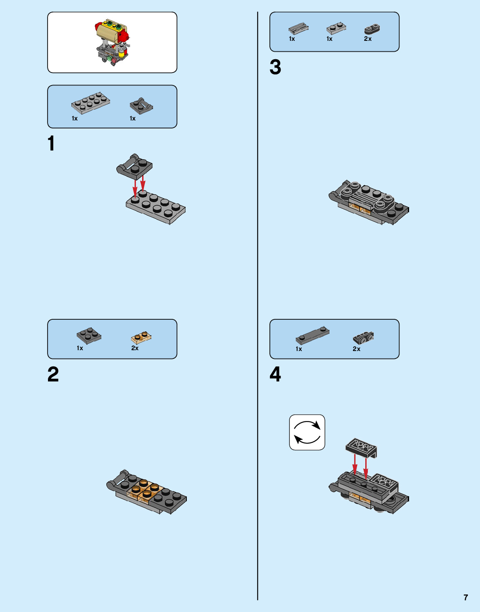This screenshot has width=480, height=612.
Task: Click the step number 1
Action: tap(51, 143)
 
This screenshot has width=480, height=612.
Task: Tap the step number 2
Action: tap(53, 374)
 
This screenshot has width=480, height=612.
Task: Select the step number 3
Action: tap(275, 67)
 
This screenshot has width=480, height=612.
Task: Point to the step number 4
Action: tap(275, 374)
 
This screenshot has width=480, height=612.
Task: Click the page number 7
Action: tap(466, 597)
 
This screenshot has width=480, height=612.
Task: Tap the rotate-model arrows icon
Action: tap(307, 432)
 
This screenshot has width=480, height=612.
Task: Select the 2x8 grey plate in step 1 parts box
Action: tap(90, 103)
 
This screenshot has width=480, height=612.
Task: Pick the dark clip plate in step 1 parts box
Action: tap(141, 106)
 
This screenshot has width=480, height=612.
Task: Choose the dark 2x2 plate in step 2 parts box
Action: tap(89, 335)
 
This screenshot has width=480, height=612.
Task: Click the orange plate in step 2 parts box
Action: tap(141, 336)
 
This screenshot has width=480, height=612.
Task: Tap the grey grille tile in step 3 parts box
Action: tap(298, 29)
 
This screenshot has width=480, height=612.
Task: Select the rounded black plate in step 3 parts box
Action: tap(372, 29)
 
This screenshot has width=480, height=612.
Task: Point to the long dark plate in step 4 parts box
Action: tap(312, 334)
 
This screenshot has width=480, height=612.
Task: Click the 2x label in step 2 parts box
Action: tap(135, 348)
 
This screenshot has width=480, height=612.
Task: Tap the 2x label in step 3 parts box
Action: tap(367, 39)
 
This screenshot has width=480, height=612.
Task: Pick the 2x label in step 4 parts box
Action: tap(357, 349)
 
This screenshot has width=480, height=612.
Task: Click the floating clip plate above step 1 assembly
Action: tap(134, 166)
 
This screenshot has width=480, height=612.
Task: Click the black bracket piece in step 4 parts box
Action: tap(363, 338)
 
